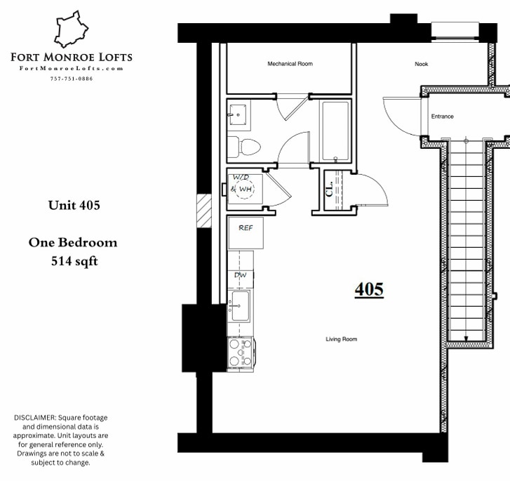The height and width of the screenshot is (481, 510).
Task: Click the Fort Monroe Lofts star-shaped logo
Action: (72, 29)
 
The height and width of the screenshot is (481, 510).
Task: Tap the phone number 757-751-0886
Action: (72, 78)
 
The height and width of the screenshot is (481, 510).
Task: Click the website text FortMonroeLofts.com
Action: (72, 68)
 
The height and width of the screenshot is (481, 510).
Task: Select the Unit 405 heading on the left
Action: (74, 206)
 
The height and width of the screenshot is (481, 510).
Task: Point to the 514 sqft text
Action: (74, 261)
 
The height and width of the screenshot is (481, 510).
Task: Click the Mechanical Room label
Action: (290, 64)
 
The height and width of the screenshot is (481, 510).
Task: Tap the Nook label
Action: (421, 64)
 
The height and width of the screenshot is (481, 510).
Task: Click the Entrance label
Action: (442, 117)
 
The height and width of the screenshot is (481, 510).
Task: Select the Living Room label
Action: (341, 339)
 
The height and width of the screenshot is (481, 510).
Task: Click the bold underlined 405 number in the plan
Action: (369, 289)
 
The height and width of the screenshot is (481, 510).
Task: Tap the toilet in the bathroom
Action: (246, 147)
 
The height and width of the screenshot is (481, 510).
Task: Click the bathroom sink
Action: (238, 113)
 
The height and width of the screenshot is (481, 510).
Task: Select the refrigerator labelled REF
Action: (246, 232)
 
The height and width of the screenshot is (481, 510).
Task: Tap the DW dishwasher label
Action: (240, 275)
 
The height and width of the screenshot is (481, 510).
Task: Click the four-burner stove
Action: (240, 353)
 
